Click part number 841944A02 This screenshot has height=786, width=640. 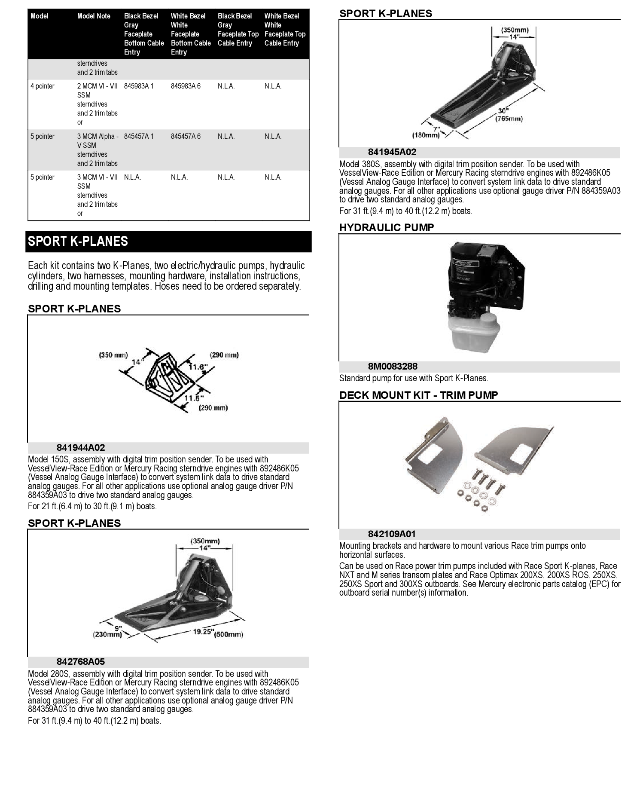point(81,448)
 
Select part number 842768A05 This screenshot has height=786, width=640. point(81,662)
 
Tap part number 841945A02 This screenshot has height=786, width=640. point(392,152)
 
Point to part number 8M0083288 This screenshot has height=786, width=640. point(393,367)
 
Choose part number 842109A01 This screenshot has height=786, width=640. point(392,534)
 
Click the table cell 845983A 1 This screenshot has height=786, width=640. point(139,86)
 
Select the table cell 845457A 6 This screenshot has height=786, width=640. point(186,136)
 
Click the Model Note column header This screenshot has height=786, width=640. point(94,16)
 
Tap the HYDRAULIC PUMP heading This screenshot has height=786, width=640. point(387,228)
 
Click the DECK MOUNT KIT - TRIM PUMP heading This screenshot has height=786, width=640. point(418,395)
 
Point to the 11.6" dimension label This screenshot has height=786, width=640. point(198,367)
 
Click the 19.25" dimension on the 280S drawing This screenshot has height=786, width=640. point(203,631)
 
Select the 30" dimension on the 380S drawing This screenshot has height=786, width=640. point(503,111)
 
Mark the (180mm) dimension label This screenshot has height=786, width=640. point(426,135)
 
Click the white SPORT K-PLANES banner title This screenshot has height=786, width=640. point(78,242)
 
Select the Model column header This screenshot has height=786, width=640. point(40,16)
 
